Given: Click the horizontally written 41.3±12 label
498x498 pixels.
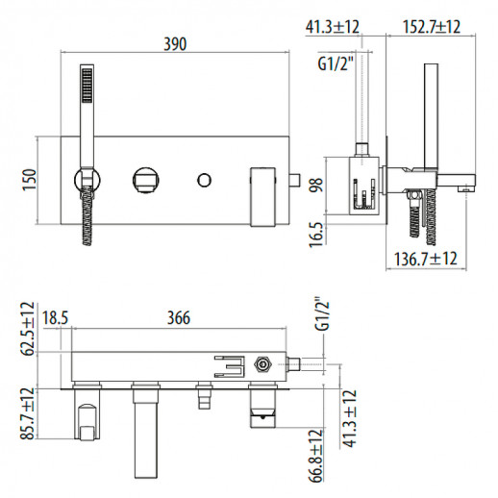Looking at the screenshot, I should [x=335, y=27].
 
